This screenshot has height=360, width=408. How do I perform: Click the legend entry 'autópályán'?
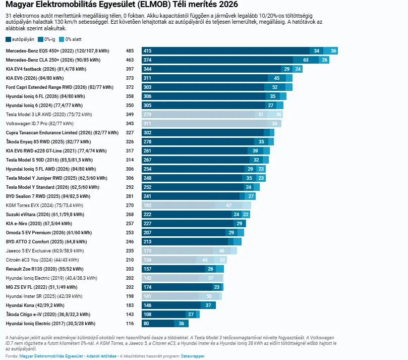coord(20,39)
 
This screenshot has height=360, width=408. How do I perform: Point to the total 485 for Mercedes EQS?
coord(130,51)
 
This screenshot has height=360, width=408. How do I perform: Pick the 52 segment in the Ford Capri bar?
coord(275,87)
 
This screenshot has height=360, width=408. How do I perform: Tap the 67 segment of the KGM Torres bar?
coord(229,205)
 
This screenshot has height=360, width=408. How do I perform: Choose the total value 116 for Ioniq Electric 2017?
coord(130,324)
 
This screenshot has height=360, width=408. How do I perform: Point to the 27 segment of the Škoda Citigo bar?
coord(191,315)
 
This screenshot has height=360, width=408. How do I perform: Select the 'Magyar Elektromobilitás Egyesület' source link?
coord(51,356)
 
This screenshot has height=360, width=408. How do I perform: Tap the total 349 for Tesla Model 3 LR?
coord(130,115)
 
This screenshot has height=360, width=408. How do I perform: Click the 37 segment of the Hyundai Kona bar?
coord(208,305)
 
